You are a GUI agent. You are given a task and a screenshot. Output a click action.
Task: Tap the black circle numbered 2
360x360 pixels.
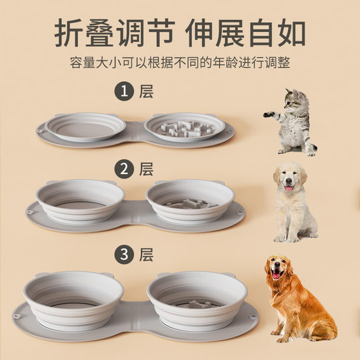click(x=123, y=169)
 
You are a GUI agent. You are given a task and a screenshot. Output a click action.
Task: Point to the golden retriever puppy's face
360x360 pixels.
click(x=290, y=179)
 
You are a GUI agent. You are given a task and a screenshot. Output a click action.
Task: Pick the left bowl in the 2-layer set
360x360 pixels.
click(x=80, y=199)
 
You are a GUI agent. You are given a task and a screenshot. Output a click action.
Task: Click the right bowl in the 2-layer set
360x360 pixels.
click(x=190, y=199)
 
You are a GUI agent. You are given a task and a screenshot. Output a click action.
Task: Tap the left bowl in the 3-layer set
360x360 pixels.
click(x=73, y=299)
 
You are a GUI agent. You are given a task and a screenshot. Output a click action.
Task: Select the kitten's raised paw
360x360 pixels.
click(x=267, y=114)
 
